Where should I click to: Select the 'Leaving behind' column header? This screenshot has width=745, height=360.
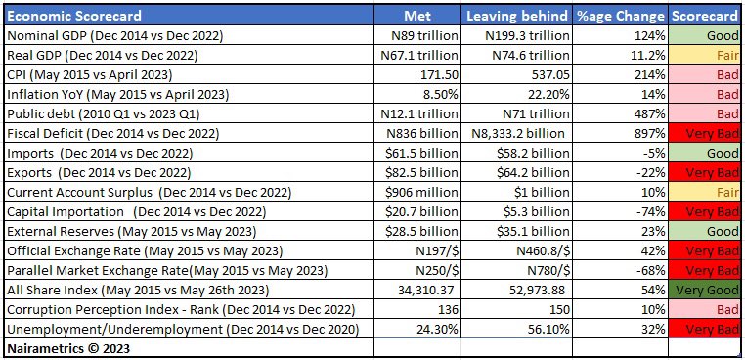coord(516,17)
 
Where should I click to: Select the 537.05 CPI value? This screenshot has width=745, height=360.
coord(516,75)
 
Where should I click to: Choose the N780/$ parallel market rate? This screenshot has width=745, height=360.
coord(516,271)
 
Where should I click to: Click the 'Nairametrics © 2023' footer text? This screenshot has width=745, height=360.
coord(68,348)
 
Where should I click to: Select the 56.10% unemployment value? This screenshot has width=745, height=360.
coord(516,330)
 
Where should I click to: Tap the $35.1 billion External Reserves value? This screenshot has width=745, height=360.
coord(516,232)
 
